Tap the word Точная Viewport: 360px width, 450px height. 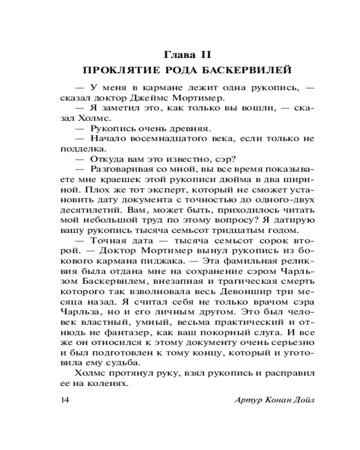click(107, 241)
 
